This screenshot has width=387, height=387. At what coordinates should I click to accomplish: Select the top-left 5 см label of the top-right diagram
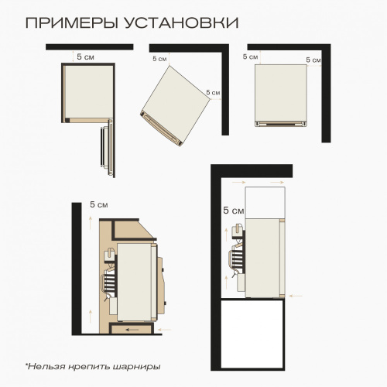250,57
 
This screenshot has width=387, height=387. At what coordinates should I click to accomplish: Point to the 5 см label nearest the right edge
313,59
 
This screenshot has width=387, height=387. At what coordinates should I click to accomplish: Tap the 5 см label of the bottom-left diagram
98,204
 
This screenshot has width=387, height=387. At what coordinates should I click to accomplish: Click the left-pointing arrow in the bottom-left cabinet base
134,330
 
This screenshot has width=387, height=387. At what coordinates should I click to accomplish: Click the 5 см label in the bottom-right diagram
233,210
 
